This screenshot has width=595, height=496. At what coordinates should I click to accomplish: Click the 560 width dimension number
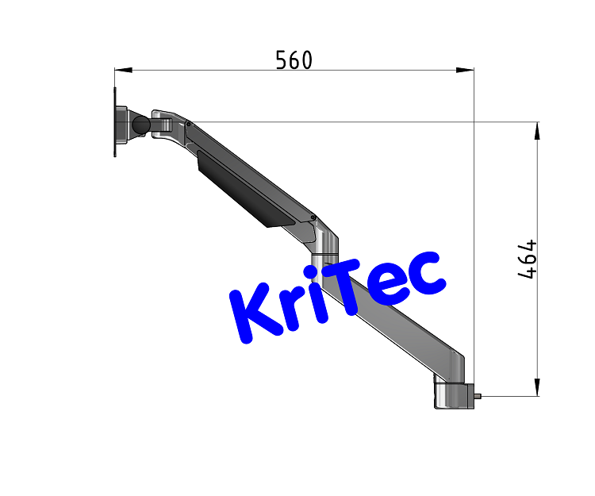coord(294,60)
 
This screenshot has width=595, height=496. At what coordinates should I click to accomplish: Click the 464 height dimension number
coord(528,260)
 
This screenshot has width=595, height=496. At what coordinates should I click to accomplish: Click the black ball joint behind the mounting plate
coord(141,125)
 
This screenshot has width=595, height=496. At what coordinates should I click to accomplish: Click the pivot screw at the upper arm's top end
coord(189,123)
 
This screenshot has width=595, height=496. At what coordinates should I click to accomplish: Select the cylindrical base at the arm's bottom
coord(452,394)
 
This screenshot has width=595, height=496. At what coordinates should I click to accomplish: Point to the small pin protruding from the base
coord(478,394)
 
